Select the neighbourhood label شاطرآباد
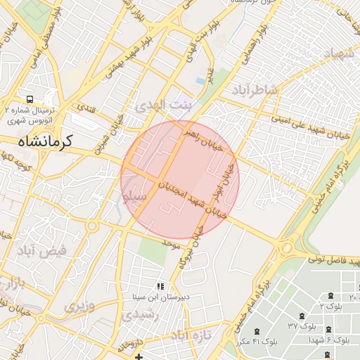(x=255, y=91)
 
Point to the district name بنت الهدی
(x=162, y=105)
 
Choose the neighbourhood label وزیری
(x=79, y=307)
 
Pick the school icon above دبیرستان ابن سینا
(x=160, y=286)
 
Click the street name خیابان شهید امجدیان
(x=191, y=199)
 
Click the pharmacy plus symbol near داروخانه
(x=139, y=357)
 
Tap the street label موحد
(x=170, y=243)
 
